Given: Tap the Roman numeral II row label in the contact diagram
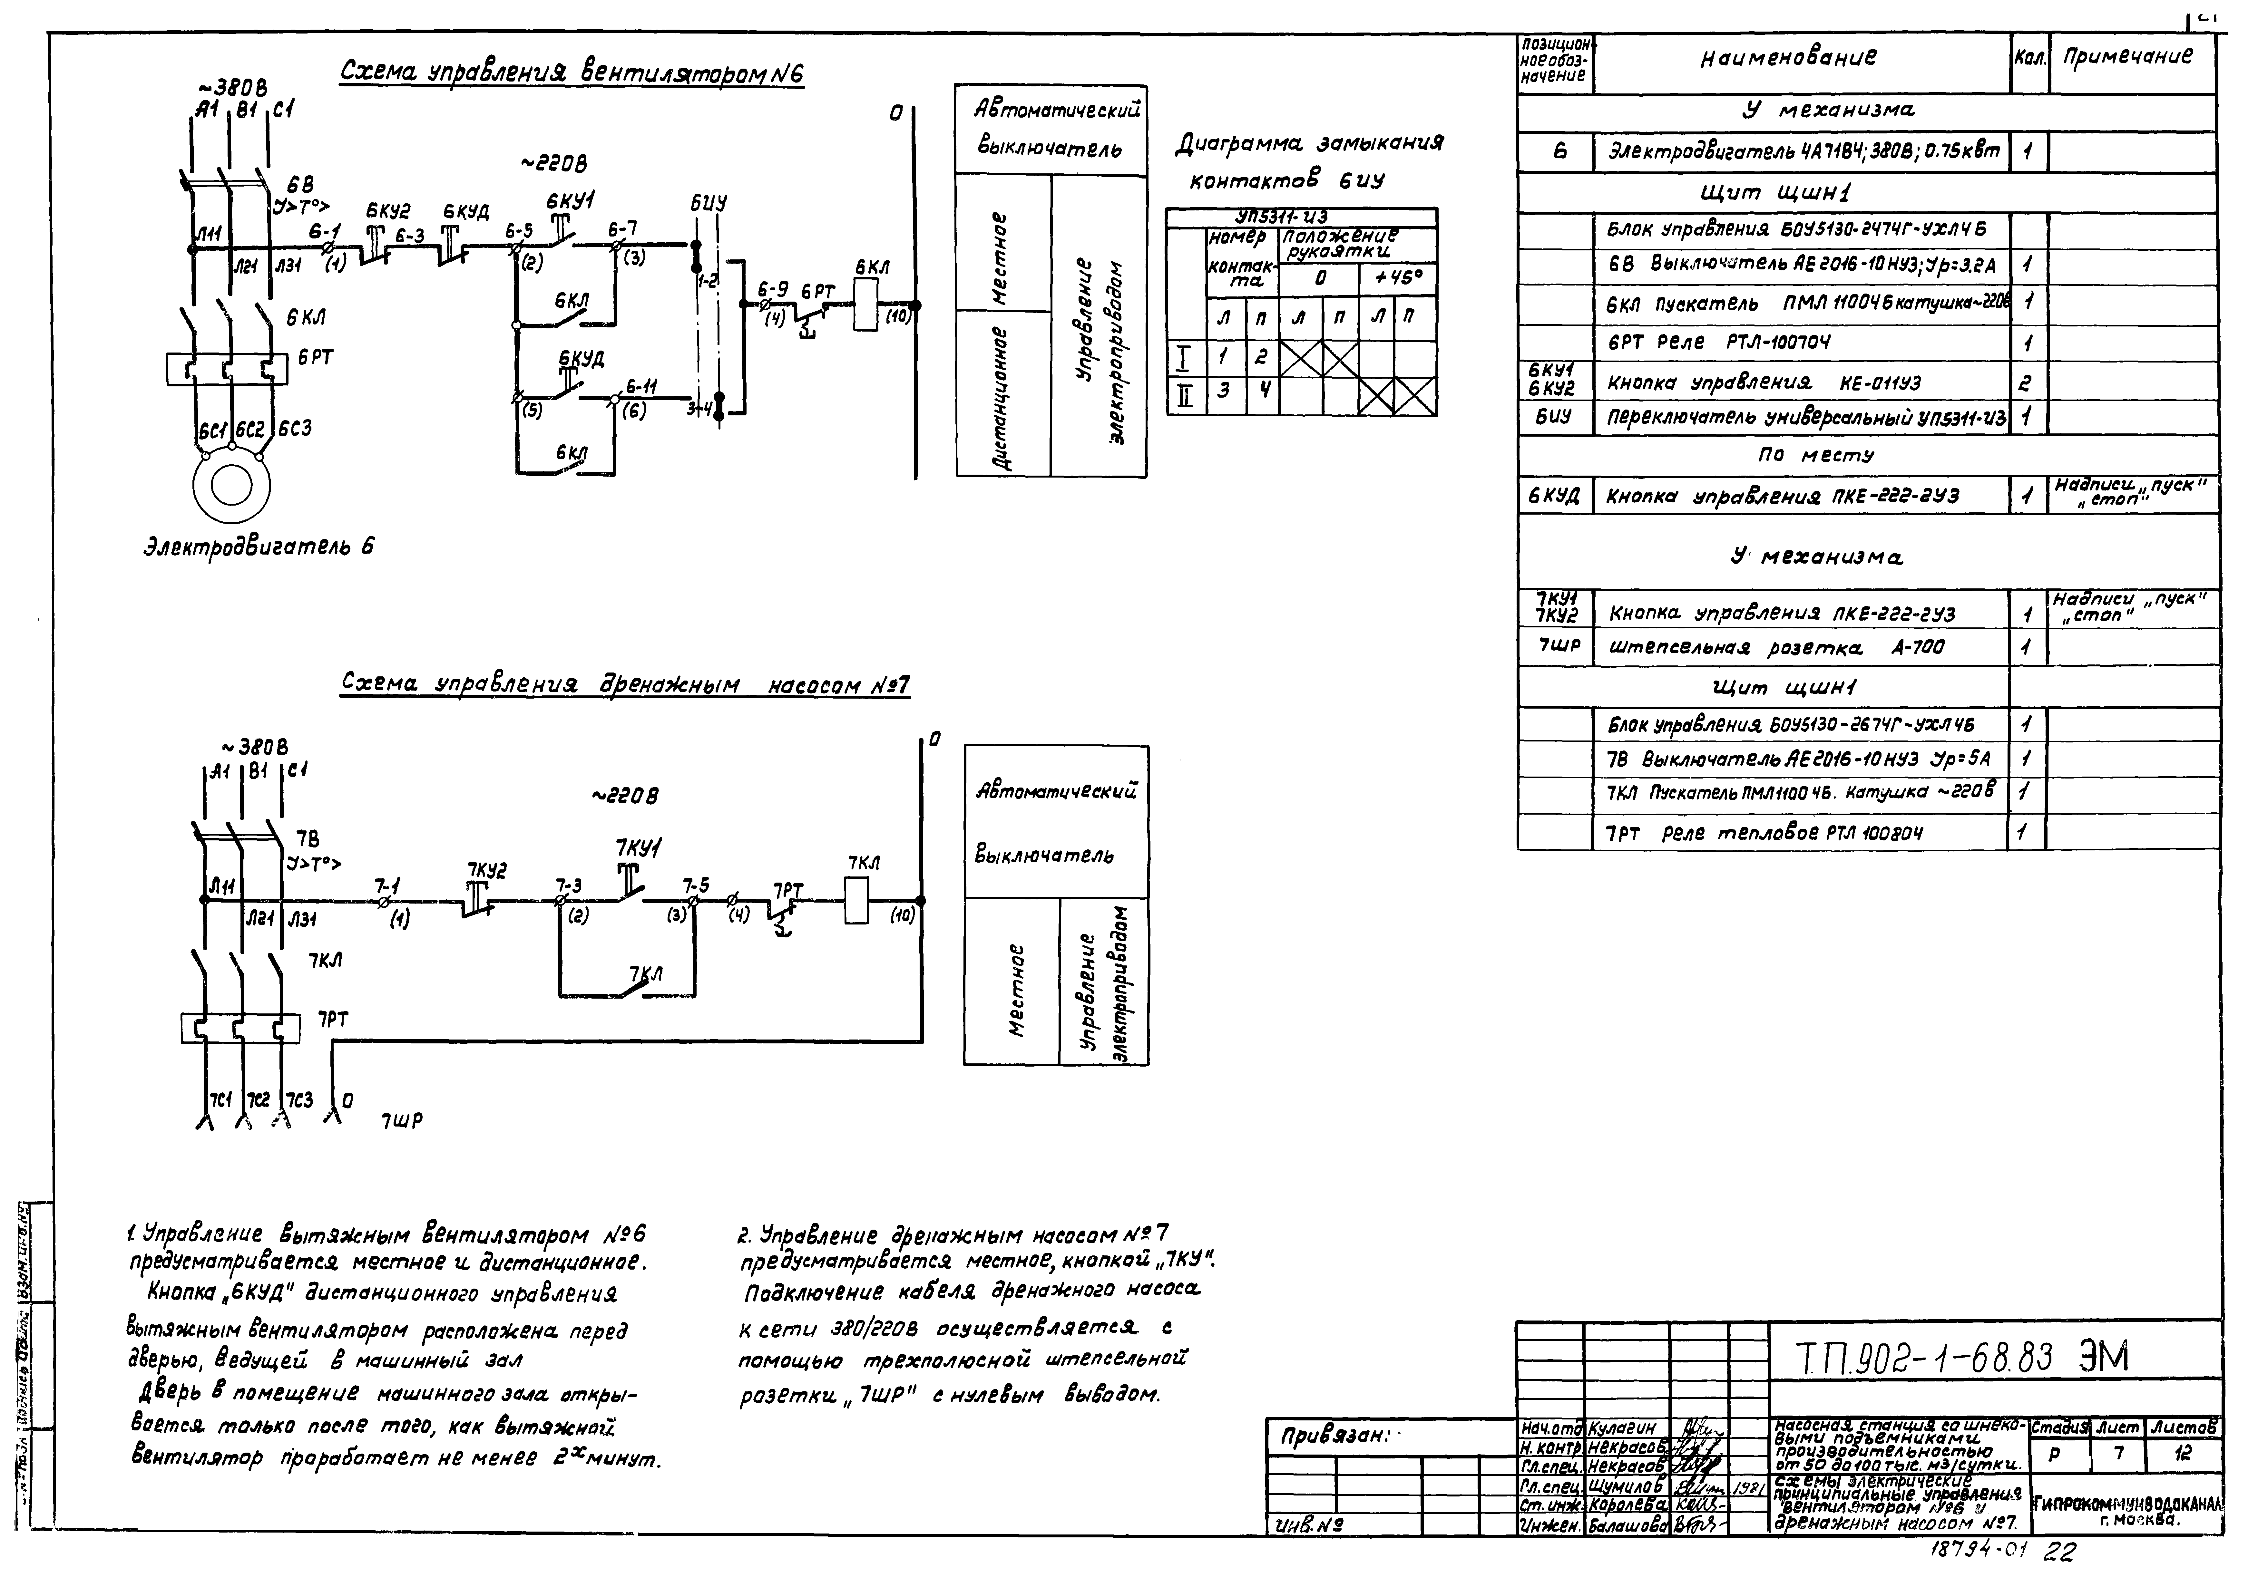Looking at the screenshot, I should click(x=1185, y=396).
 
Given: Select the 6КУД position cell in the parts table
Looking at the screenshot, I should click(x=1554, y=497).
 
